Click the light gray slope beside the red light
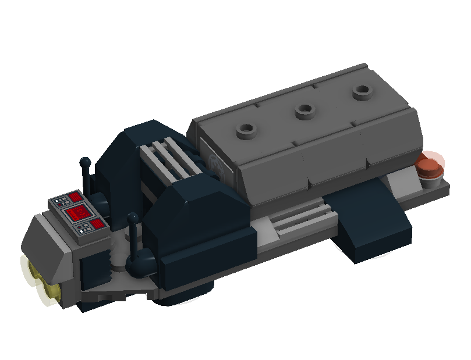[402, 183]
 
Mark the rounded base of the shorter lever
[140, 265]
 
